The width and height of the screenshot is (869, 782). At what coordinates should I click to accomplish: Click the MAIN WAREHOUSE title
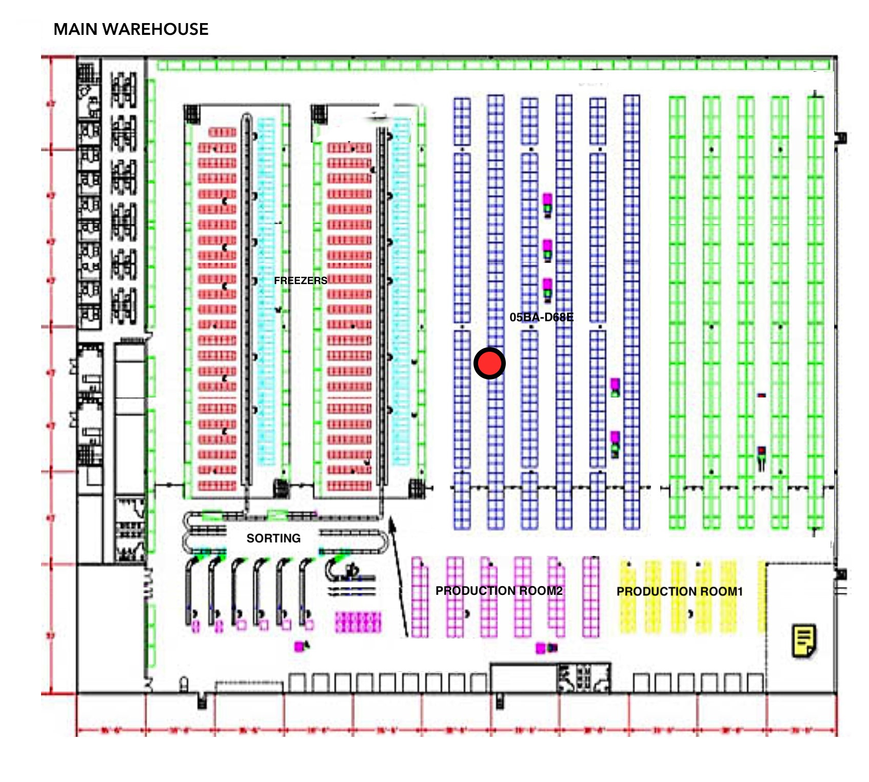(x=131, y=29)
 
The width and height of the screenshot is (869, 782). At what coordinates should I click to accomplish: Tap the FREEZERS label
(x=300, y=280)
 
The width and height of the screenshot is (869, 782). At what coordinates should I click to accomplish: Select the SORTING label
(x=273, y=538)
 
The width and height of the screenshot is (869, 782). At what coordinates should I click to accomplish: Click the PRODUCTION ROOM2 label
(x=499, y=591)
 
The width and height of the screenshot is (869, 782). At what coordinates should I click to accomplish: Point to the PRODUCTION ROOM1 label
(x=679, y=591)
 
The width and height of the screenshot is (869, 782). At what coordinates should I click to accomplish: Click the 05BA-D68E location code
(x=541, y=317)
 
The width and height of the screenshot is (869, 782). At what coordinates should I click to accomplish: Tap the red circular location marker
(x=489, y=363)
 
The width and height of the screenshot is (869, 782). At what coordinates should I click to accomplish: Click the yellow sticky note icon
(x=804, y=640)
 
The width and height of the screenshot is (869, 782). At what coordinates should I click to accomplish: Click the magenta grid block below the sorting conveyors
(x=358, y=622)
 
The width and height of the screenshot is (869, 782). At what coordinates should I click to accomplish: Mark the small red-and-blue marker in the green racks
(x=762, y=395)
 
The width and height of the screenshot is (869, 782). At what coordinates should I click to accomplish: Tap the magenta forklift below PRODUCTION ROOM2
(x=545, y=648)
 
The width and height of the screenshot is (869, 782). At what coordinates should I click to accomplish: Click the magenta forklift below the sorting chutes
(x=301, y=646)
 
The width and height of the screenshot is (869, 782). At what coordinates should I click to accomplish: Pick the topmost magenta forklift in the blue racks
(x=547, y=204)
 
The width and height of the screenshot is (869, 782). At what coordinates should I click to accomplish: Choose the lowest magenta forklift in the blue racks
(x=615, y=444)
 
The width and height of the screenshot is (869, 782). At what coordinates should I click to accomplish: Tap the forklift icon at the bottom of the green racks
(x=762, y=457)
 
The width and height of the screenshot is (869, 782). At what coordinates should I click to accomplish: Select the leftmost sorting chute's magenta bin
(x=195, y=626)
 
